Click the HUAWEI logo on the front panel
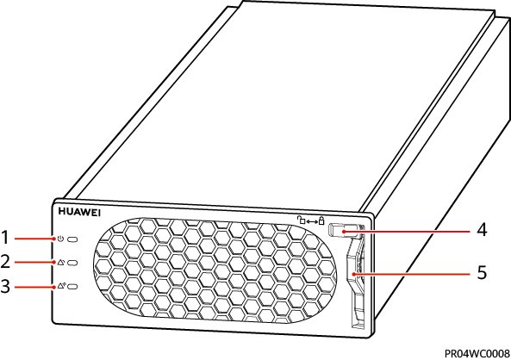point(79,212)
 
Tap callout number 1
point(5,237)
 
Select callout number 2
point(5,262)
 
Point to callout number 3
point(5,287)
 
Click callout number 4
point(482,230)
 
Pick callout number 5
point(482,272)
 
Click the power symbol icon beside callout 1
point(60,239)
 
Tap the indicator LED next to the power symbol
point(72,239)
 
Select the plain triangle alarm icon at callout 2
point(61,263)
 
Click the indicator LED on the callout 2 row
point(72,263)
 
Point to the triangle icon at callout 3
point(61,286)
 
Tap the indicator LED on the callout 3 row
point(72,287)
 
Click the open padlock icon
point(301,220)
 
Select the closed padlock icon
point(321,220)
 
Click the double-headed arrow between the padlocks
point(312,221)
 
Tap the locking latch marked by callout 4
point(344,229)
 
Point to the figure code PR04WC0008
point(477,353)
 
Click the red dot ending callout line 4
point(344,232)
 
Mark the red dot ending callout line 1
point(54,239)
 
